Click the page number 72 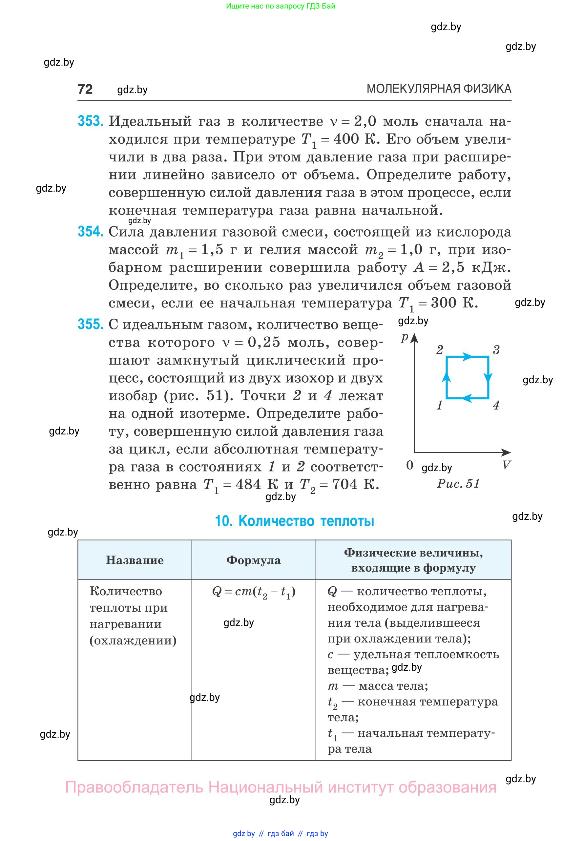[x=85, y=89]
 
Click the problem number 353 [x=91, y=121]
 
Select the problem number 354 [x=91, y=232]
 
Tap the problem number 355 [x=91, y=325]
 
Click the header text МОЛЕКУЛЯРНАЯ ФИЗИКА [x=439, y=89]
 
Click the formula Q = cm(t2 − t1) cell [x=253, y=592]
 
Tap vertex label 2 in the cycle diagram [x=440, y=350]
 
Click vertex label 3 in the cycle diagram [x=496, y=350]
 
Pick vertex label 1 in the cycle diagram [x=440, y=406]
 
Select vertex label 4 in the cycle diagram [x=496, y=406]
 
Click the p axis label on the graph [x=405, y=337]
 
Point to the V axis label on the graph [x=506, y=465]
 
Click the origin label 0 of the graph [x=410, y=465]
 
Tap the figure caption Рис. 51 [x=458, y=484]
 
